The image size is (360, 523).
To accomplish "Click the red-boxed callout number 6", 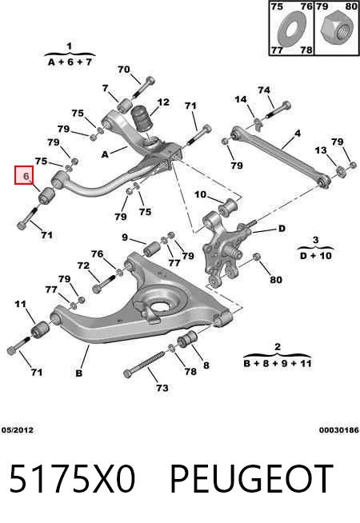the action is (26, 175).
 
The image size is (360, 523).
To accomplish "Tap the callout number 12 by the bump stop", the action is (163, 102).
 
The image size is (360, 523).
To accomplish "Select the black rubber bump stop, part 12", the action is (142, 119).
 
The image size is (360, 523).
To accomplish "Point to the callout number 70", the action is (123, 70).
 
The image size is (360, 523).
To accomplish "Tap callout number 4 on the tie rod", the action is (298, 134).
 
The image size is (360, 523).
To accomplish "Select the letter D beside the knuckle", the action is (282, 229).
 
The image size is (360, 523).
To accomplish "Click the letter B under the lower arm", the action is (78, 373).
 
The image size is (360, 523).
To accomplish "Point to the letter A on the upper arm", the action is (105, 154).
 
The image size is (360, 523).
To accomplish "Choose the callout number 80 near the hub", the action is (275, 280).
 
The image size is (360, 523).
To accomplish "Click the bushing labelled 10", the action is (227, 206).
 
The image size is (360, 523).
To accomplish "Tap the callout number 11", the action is (20, 304).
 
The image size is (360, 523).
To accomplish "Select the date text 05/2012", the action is (18, 430).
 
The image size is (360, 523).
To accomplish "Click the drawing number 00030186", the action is (339, 430).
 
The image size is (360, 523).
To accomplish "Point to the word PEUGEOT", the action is (252, 478).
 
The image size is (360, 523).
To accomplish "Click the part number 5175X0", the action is (72, 478).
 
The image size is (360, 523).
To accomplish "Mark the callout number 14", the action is (241, 99).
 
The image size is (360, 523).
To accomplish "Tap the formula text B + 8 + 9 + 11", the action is (278, 363).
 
